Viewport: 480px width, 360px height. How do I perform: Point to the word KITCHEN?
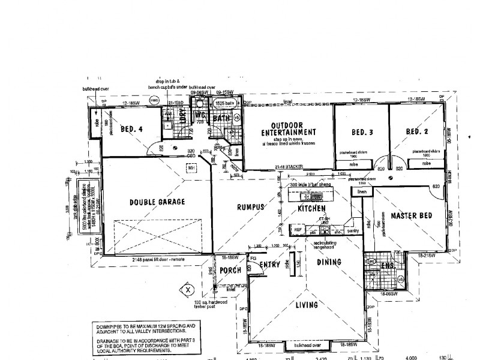pyautogui.click(x=312, y=208)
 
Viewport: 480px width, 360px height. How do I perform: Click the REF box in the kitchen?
pyautogui.click(x=297, y=229)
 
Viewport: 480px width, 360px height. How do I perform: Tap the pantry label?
pyautogui.click(x=352, y=230)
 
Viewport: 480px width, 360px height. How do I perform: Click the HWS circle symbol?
pyautogui.click(x=154, y=100)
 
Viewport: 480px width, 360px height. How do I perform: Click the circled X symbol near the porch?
pyautogui.click(x=188, y=289)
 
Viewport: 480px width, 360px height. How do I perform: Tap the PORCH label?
pyautogui.click(x=230, y=271)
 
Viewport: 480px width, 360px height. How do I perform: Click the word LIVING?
pyautogui.click(x=306, y=305)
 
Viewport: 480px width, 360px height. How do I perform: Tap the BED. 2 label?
pyautogui.click(x=415, y=132)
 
